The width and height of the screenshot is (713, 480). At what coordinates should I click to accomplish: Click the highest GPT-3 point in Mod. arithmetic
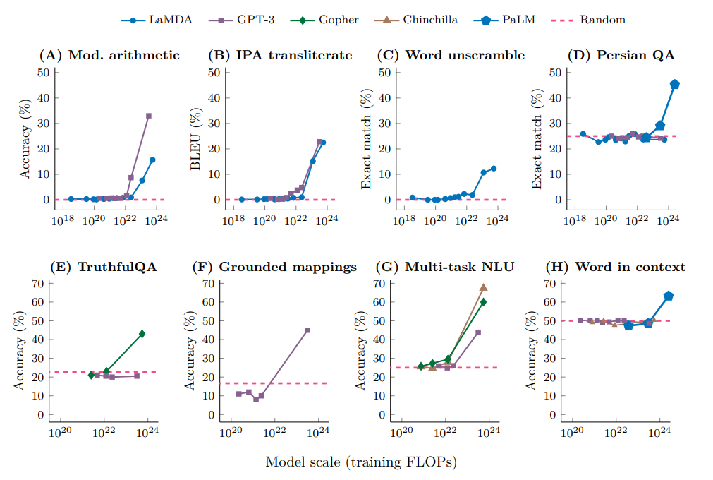(x=149, y=116)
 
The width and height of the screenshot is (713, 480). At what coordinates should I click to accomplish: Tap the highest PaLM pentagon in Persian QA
(x=675, y=85)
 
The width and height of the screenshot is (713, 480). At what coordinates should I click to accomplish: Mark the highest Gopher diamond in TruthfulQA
(x=142, y=333)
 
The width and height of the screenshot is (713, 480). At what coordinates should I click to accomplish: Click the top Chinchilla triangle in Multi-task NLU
(x=484, y=287)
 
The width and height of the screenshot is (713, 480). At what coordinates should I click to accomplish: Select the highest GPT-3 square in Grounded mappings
(x=307, y=330)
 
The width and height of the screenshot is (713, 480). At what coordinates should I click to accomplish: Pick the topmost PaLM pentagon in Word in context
(x=669, y=296)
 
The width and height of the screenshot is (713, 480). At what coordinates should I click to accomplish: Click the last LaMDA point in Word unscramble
(x=494, y=168)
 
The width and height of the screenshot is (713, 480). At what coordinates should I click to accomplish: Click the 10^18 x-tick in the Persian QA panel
(x=575, y=222)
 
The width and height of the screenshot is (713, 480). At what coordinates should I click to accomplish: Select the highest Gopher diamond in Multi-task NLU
(x=484, y=302)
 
